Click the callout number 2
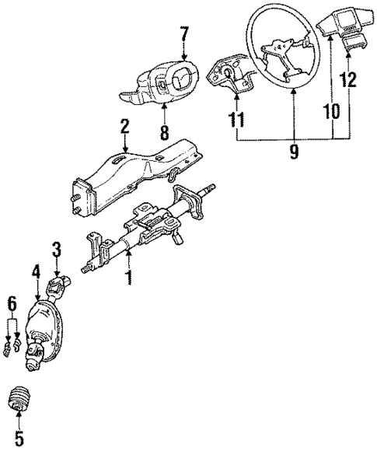point(124,126)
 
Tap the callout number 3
point(56,249)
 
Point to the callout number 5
point(19,439)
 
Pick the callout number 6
point(11,301)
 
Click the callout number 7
point(184,34)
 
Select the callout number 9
point(294,152)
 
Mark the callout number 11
point(236,120)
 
